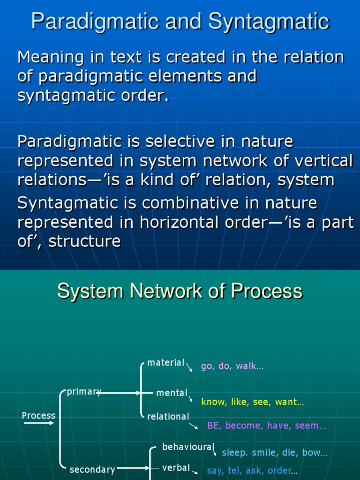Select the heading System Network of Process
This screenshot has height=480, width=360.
point(180,291)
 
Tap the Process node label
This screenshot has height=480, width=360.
point(38,416)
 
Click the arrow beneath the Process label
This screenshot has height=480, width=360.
point(39,424)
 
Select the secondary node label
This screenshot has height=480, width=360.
point(92,469)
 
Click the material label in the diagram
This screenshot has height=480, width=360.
point(165,363)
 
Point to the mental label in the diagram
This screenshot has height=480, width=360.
point(172,393)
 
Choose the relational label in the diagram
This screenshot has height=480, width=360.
point(168,417)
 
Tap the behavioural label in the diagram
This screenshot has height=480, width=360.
point(188,447)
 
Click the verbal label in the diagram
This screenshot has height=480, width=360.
point(176,468)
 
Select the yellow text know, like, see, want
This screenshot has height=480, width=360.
point(252,402)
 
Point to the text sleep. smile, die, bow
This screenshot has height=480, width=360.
point(274,453)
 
